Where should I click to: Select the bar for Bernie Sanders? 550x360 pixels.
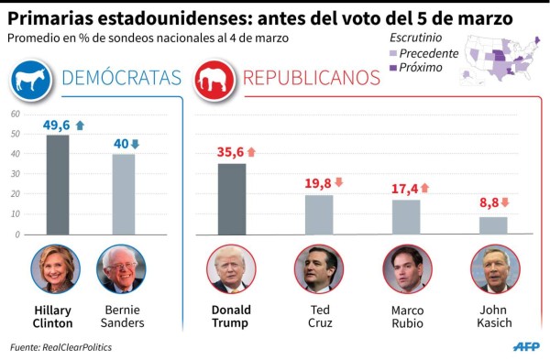[x=123, y=193]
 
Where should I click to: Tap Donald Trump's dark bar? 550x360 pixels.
[x=231, y=199]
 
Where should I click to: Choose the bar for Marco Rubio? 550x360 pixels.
[x=406, y=217]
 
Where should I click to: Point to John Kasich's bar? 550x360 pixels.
[x=493, y=225]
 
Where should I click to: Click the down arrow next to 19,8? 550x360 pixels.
[x=339, y=182]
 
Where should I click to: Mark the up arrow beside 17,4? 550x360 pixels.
[x=424, y=188]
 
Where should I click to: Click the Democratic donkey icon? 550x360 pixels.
[x=29, y=80]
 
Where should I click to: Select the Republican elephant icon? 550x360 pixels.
[x=214, y=80]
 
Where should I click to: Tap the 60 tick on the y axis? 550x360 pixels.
[x=15, y=114]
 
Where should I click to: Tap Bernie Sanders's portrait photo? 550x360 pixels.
[x=121, y=268]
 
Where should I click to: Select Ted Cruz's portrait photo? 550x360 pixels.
[x=319, y=268]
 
